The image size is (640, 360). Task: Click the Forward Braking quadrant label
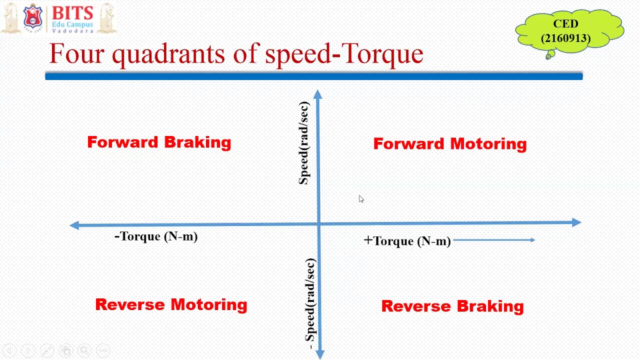[159, 142]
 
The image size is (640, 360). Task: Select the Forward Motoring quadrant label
[449, 144]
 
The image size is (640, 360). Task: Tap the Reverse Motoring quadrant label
[171, 304]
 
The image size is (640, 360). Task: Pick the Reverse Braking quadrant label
[452, 306]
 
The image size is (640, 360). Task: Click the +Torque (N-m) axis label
[407, 241]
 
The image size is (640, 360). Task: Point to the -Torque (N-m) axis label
[156, 236]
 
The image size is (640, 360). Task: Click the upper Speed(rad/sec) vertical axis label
[304, 143]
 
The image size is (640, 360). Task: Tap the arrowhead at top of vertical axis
[318, 94]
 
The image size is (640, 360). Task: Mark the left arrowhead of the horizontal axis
[74, 225]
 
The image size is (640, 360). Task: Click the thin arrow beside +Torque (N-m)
[494, 240]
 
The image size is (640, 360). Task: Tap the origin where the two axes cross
[319, 224]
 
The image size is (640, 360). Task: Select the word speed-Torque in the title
[344, 53]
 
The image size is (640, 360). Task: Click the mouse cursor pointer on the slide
[361, 199]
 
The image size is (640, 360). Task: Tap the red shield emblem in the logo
[32, 16]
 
